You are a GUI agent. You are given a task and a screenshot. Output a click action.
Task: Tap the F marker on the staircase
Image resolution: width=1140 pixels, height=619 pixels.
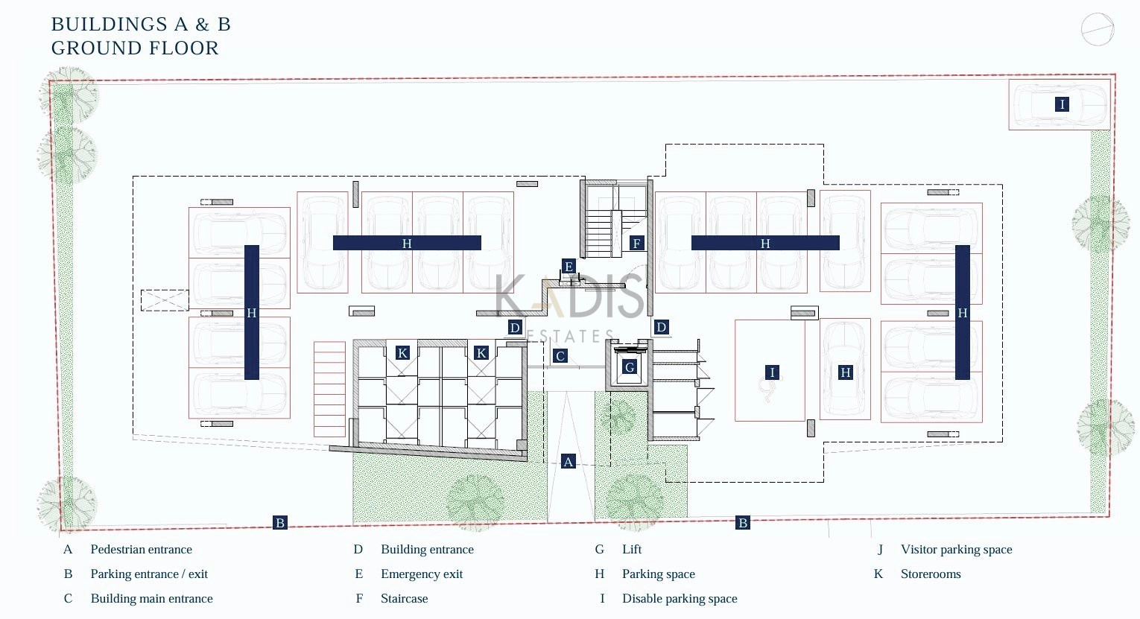coord(636,243)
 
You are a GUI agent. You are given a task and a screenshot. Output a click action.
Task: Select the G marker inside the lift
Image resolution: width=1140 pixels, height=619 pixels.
coord(630,366)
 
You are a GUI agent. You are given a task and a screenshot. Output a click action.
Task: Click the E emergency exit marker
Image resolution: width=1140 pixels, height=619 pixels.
coord(569,266)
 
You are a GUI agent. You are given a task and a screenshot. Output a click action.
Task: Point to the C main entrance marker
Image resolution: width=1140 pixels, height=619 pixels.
coord(560,356)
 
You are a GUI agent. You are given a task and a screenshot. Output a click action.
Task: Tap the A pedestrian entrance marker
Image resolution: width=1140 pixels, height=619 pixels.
coord(569,462)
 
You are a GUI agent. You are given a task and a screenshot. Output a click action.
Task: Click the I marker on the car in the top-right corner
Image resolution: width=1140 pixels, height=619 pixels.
coord(1062,104)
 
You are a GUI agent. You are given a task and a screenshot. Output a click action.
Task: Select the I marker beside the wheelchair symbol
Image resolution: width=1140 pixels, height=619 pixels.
coord(772,372)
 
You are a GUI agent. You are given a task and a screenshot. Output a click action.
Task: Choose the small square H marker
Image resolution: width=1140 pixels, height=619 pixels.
coord(846,372)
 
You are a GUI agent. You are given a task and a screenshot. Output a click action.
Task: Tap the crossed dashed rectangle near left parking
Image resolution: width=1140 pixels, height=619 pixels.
coord(165,300)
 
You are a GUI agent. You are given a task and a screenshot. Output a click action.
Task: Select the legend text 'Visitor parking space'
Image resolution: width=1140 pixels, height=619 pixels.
coord(956,549)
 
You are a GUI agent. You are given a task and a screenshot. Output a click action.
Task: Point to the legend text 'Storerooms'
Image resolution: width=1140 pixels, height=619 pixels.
coord(931,574)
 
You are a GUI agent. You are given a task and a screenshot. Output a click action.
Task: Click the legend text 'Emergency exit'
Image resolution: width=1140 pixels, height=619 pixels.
coord(422,574)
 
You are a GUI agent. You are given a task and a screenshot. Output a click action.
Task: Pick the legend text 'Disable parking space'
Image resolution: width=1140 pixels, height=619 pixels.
coord(680,599)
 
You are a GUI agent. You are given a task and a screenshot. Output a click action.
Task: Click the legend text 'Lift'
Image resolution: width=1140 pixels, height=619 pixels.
coord(632,549)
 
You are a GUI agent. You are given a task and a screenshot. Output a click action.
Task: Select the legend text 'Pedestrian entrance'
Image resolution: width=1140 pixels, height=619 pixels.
coord(141,549)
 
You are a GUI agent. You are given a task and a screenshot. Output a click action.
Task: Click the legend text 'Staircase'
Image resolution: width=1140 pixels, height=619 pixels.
coord(404,599)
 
